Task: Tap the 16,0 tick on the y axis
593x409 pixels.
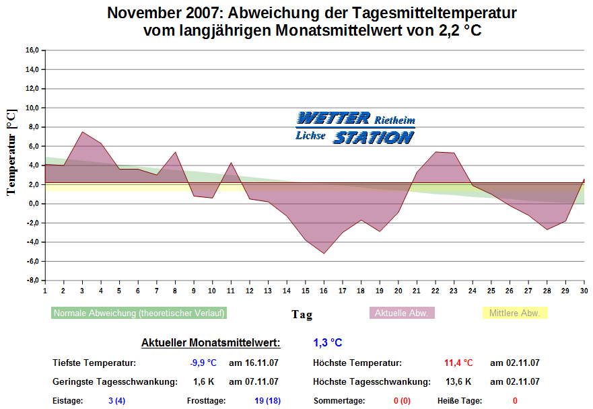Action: pos(33,50)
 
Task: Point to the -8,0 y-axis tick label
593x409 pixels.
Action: pos(33,281)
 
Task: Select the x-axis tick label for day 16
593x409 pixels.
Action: pos(324,291)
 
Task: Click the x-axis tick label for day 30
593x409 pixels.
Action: pos(583,291)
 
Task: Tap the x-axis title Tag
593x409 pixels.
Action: pos(302,314)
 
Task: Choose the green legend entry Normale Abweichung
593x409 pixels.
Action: pos(139,313)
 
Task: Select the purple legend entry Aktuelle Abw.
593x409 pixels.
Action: pos(403,313)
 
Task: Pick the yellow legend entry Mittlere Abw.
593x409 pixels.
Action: pos(515,313)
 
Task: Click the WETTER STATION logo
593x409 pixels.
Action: pos(355,128)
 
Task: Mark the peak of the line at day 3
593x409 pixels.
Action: pos(82,132)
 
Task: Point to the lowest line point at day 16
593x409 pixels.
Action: pos(324,254)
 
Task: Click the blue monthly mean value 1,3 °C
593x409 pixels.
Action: pos(328,343)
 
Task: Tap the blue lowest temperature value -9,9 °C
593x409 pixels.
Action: pos(203,363)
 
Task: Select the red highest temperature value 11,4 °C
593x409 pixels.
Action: pos(458,363)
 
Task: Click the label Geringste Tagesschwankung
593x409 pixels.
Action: pos(114,382)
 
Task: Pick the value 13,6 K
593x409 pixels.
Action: pos(458,382)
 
